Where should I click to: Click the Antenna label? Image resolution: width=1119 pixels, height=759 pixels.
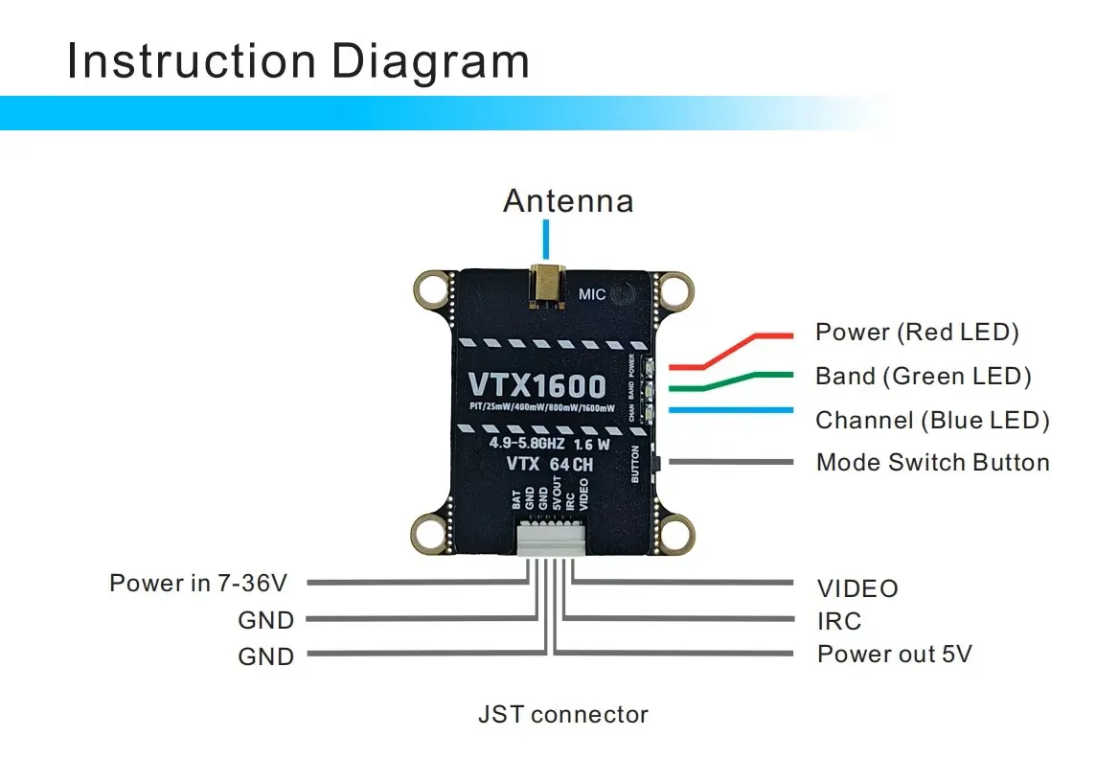click(568, 201)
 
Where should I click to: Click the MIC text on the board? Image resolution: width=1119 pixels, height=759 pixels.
click(593, 294)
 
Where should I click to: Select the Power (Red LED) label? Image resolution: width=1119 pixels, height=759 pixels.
click(917, 333)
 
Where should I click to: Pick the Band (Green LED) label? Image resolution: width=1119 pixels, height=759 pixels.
click(923, 377)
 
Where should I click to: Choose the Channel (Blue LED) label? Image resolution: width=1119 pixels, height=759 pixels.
click(932, 420)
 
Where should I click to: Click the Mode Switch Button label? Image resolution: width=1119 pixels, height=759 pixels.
click(932, 463)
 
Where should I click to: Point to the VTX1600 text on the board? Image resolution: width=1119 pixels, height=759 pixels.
click(537, 385)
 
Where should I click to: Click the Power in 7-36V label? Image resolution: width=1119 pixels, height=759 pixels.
click(198, 583)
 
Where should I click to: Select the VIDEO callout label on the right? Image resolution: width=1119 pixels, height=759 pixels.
click(857, 588)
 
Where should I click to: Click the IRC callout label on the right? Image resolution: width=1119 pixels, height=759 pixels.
click(839, 621)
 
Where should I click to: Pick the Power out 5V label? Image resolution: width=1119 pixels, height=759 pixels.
click(895, 655)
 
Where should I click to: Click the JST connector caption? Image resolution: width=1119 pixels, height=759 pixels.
click(563, 714)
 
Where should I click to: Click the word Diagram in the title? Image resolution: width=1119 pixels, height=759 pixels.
click(430, 61)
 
